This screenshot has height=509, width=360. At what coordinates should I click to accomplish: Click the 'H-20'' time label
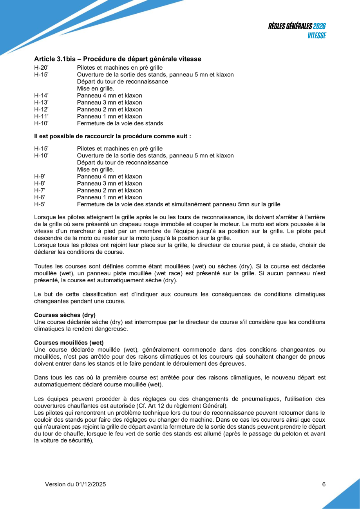(x=41, y=68)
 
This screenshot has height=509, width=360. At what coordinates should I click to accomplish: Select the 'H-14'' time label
(x=41, y=95)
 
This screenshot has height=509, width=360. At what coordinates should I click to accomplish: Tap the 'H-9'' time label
(x=40, y=176)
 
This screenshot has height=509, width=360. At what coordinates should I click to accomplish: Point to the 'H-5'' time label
(x=40, y=204)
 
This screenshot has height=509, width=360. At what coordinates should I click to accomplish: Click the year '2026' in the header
(x=320, y=26)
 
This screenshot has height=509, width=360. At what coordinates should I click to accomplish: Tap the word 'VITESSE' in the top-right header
(x=317, y=35)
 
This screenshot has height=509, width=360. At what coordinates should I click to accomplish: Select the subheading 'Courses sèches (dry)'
(x=65, y=315)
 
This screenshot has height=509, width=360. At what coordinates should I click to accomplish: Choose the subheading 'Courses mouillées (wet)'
(x=69, y=342)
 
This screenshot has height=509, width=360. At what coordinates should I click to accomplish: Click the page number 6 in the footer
(x=324, y=484)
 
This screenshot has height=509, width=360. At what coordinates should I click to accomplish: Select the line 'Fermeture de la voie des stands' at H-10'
(x=120, y=123)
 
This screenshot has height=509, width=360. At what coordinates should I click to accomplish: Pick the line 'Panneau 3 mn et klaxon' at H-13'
(x=109, y=102)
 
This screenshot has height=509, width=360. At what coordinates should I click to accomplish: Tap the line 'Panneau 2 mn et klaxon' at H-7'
(x=109, y=190)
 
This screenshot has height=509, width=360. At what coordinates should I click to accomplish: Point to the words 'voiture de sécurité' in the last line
(x=63, y=440)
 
